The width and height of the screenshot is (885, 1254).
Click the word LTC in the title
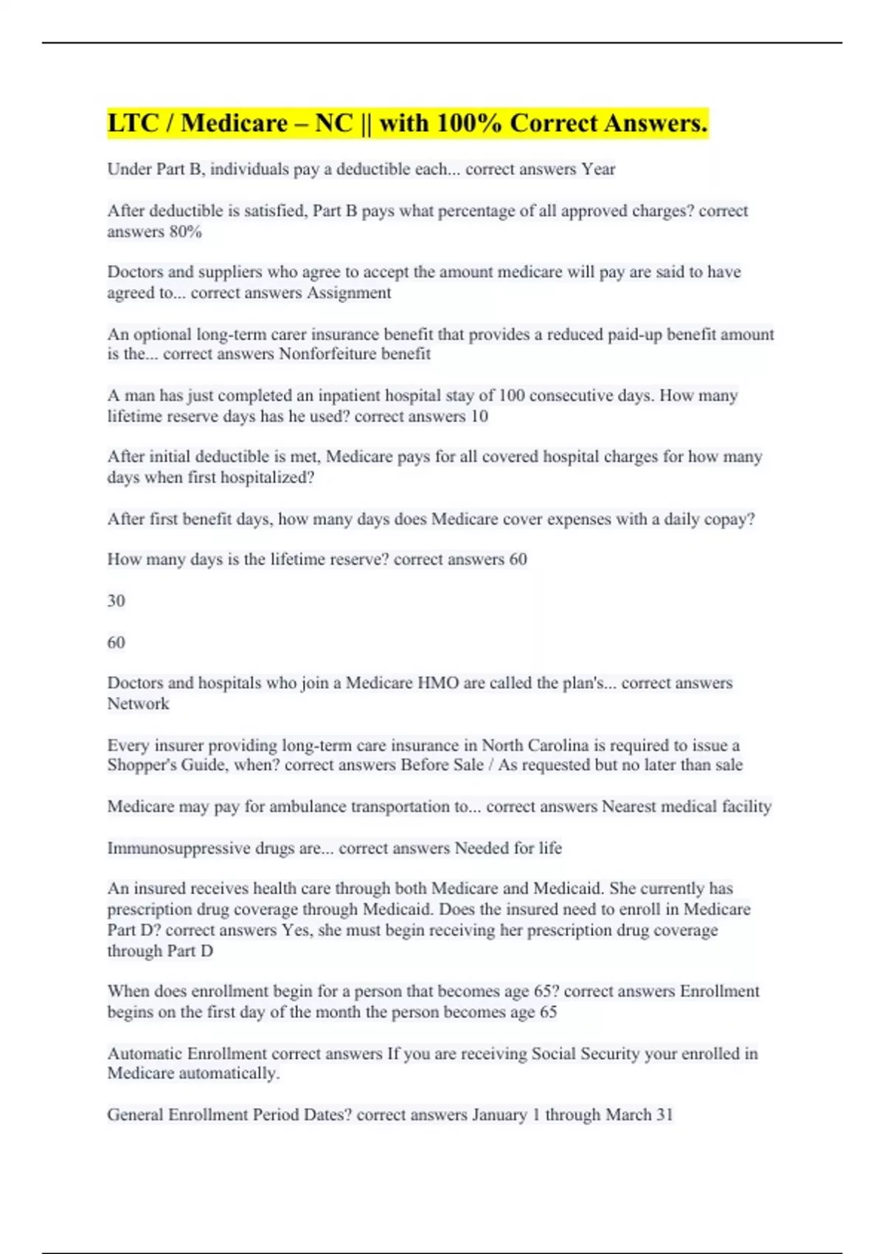pyautogui.click(x=132, y=123)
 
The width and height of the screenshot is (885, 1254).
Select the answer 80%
pyautogui.click(x=185, y=232)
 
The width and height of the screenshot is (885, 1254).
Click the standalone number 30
pyautogui.click(x=116, y=600)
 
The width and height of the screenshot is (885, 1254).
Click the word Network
pyautogui.click(x=138, y=704)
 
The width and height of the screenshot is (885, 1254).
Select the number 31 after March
pyautogui.click(x=664, y=1115)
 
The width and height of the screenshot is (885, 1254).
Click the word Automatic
pyautogui.click(x=145, y=1053)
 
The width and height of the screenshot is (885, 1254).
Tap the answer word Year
pyautogui.click(x=598, y=170)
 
